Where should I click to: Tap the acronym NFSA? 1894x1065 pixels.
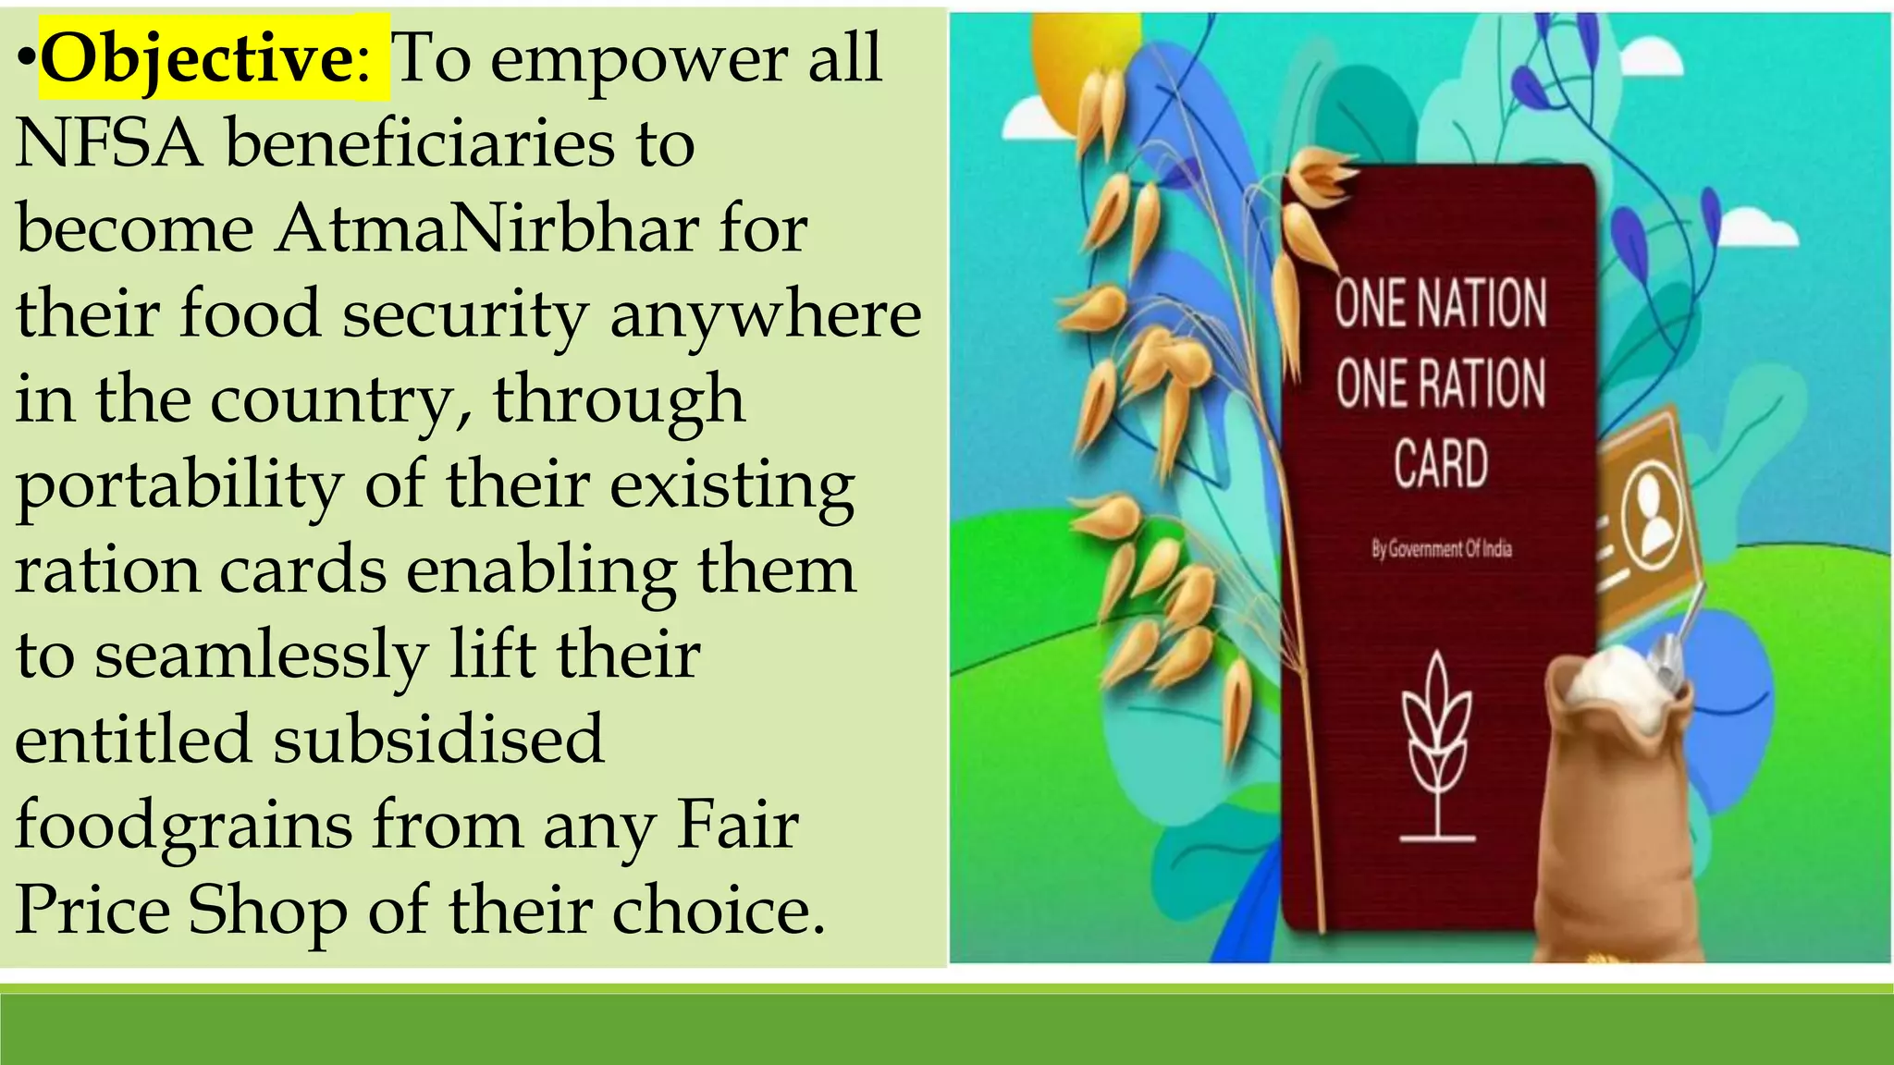point(109,144)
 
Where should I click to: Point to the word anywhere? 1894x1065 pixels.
point(765,314)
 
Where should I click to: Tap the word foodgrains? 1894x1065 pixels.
point(183,825)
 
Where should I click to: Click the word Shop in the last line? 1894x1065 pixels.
point(267,910)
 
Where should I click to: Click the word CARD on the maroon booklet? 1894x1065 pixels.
point(1441,463)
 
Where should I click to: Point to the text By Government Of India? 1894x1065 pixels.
point(1441,549)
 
